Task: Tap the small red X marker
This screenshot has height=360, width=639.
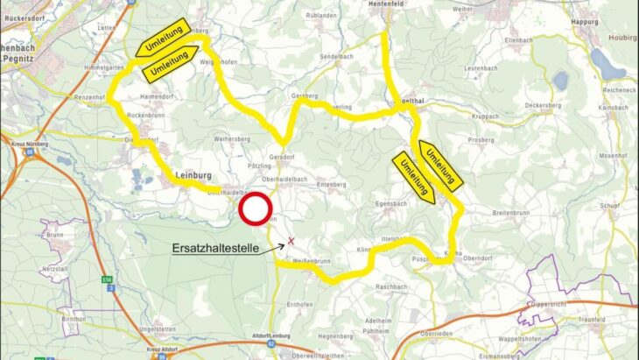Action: coord(291,240)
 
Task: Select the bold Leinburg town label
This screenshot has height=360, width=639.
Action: coord(193,173)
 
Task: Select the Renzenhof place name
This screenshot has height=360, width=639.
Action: coord(91,97)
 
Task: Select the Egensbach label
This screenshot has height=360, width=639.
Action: coord(392,203)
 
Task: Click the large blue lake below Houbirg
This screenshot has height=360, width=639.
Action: coord(604,63)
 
